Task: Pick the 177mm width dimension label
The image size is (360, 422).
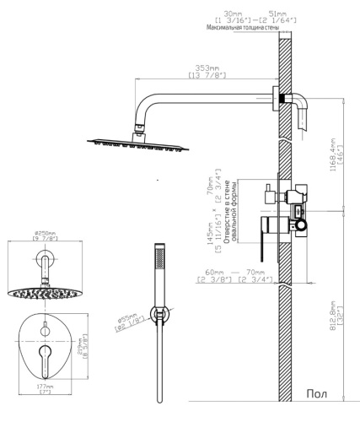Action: [x=43, y=385]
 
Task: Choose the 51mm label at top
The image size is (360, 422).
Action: [x=277, y=13]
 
